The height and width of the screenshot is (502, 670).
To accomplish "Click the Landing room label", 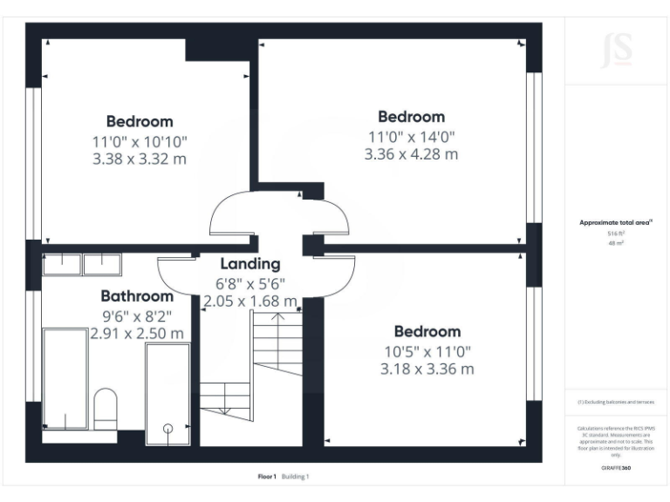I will [x=250, y=263].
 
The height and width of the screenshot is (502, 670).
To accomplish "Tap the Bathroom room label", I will [x=137, y=296].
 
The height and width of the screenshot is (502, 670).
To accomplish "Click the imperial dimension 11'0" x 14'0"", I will [x=411, y=136].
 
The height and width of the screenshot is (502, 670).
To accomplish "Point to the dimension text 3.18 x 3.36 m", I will [x=427, y=369].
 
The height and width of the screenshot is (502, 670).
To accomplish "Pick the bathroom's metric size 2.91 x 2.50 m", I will [x=137, y=333].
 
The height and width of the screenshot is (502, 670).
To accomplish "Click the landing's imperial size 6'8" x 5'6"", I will [x=250, y=283].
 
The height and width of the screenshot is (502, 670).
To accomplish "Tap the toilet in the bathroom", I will [x=105, y=407].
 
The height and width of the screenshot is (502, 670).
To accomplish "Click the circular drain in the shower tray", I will [x=167, y=428].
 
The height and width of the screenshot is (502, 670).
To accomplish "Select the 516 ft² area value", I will [x=616, y=234].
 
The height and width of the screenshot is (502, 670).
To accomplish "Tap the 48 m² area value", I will [x=616, y=243].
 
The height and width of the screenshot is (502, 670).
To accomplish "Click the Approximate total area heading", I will [x=615, y=223].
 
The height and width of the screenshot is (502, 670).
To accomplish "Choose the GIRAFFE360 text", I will [x=616, y=468].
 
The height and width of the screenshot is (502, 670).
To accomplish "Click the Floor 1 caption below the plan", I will [x=267, y=477].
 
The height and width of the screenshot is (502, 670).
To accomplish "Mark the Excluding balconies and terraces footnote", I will [x=616, y=402].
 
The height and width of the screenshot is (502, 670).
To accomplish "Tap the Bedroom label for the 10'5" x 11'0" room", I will [x=427, y=332].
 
